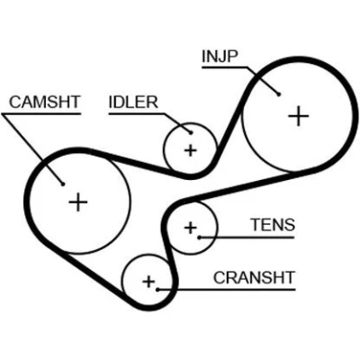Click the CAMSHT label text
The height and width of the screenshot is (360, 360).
[44, 102]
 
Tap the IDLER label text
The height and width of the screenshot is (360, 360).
[133, 103]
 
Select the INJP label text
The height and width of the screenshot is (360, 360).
[220, 57]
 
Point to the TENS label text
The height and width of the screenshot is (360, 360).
[273, 225]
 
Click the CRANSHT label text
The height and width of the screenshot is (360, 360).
[254, 277]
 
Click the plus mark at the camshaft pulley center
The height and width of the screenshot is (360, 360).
[78, 202]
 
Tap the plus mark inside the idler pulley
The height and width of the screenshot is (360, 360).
[190, 150]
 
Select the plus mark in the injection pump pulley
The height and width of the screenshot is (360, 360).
[298, 116]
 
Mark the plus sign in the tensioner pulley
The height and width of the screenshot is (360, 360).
[190, 228]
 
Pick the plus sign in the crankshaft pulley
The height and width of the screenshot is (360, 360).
[148, 282]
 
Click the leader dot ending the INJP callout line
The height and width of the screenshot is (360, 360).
[279, 94]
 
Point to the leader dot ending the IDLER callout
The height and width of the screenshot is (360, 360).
[191, 132]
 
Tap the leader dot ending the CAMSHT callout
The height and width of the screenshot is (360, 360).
[63, 184]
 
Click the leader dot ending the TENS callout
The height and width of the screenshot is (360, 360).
[199, 238]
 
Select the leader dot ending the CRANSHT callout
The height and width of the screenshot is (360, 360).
[157, 290]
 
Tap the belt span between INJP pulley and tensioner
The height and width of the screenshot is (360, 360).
[240, 187]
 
